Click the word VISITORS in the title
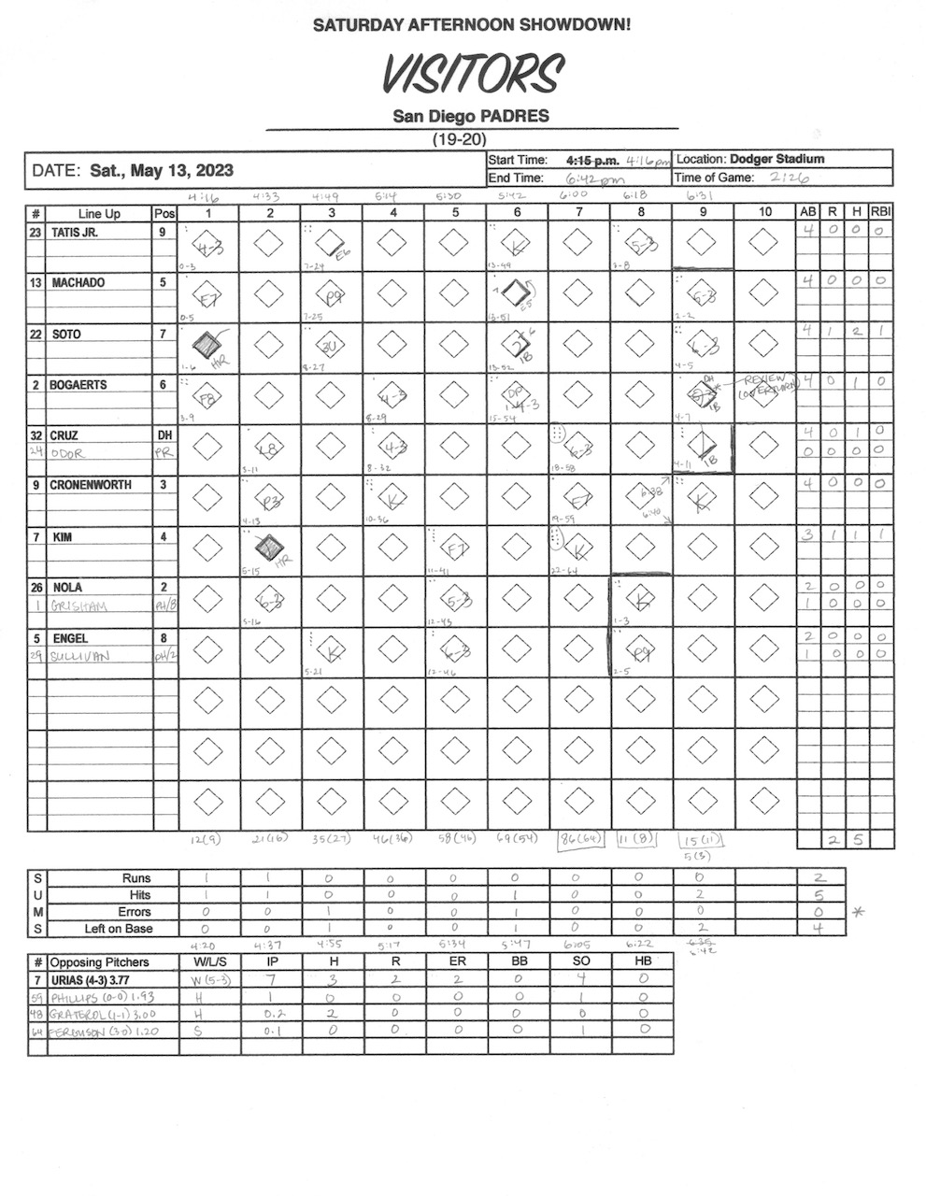coord(471,75)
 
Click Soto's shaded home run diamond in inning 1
coord(207,344)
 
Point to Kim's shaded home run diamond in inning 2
coord(269,547)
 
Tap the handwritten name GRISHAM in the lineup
coord(80,605)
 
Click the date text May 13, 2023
coord(161,171)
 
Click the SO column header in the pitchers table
coord(579,961)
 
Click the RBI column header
coord(880,212)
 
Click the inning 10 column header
coord(764,212)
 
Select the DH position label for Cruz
coord(164,434)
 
